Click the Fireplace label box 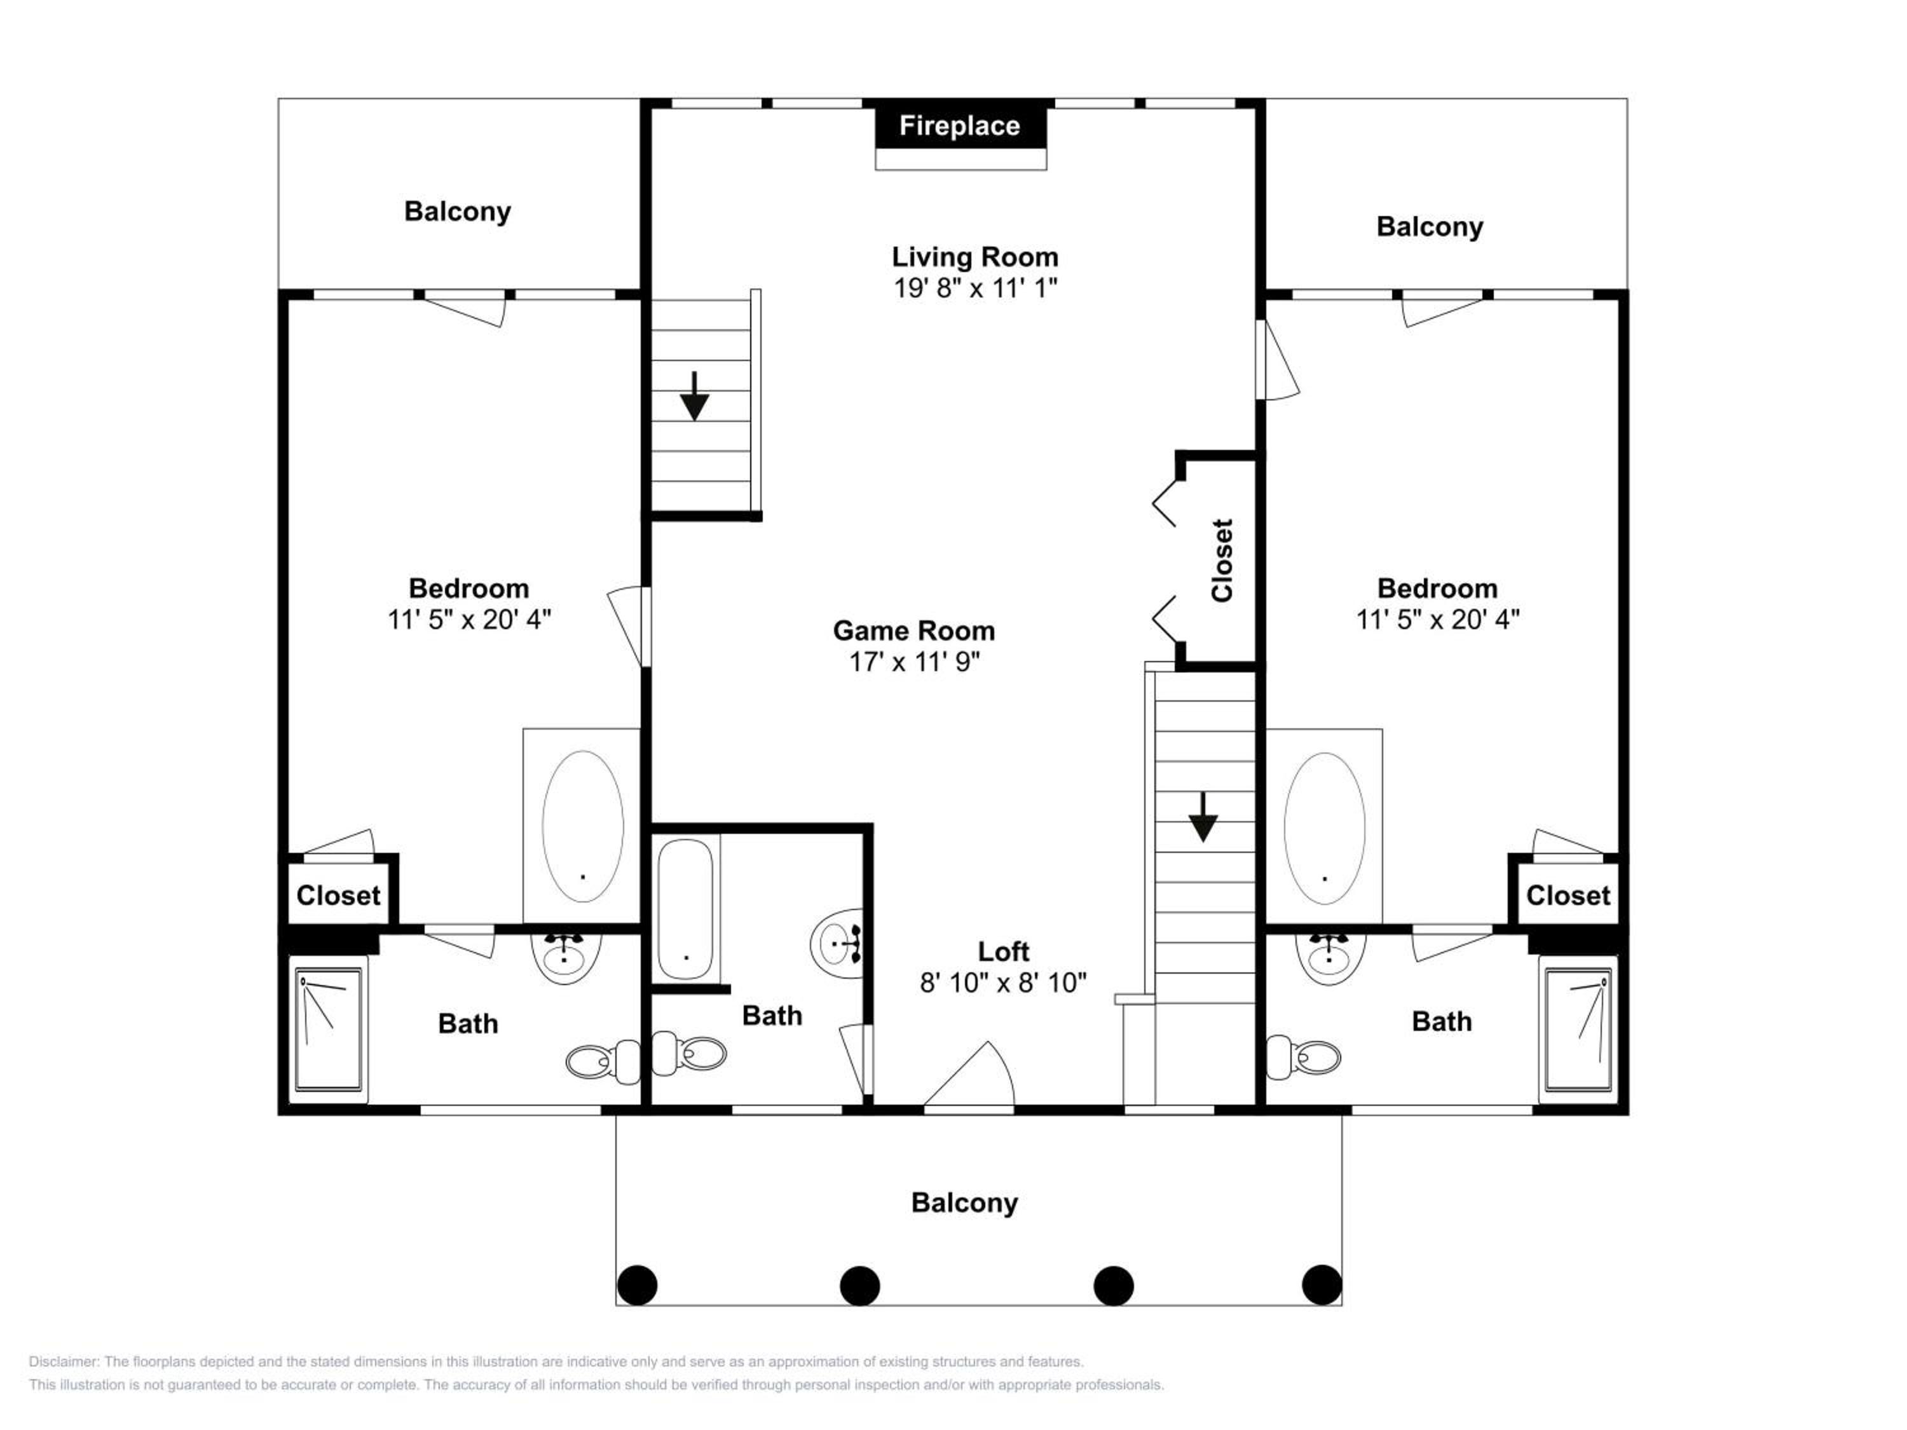(960, 126)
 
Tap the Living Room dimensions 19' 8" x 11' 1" (975, 288)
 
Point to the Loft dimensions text (1002, 983)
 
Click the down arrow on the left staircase (694, 397)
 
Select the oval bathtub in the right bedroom (1324, 828)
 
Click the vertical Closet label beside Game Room (1222, 561)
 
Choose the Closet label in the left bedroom (338, 895)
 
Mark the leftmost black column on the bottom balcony (637, 1285)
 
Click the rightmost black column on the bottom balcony (1322, 1285)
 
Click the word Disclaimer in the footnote (64, 1362)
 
